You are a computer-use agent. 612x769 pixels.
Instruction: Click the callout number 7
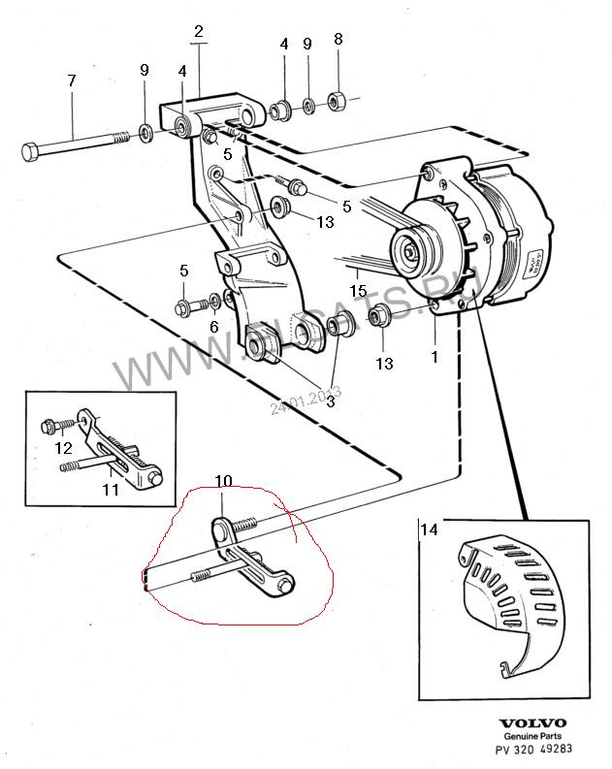pos(71,82)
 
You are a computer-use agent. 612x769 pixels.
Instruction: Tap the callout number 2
pos(198,32)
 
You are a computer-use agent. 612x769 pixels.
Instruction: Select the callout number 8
pos(338,40)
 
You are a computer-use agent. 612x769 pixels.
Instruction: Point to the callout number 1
pos(435,356)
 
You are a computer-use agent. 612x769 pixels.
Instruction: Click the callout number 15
pos(357,290)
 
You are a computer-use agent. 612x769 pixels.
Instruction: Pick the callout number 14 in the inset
pos(429,529)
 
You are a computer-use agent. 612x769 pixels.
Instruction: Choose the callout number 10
pos(223,481)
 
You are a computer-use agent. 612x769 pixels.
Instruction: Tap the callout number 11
pos(111,490)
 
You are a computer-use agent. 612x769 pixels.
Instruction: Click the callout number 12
pos(63,447)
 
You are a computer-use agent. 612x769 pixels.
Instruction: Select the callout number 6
pos(213,328)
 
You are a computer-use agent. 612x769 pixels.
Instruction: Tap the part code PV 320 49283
pos(532,750)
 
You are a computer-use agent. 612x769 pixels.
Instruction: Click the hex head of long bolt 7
pos(28,152)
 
